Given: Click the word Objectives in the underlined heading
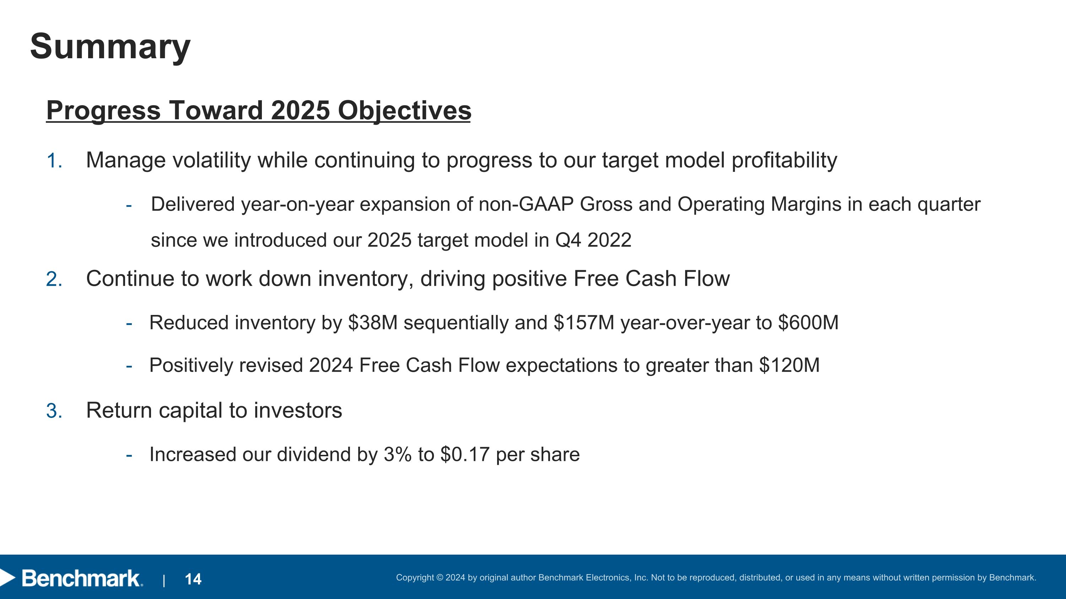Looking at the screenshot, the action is (x=404, y=111).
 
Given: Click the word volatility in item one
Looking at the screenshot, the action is (x=211, y=160).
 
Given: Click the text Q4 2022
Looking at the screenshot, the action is (x=593, y=240).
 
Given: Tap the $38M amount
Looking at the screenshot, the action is (x=373, y=323).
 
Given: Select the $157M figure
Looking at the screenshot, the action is (x=584, y=323).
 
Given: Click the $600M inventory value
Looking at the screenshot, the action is (x=808, y=323).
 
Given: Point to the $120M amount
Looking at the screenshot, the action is (x=790, y=365).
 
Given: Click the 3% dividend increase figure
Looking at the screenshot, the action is (x=398, y=454).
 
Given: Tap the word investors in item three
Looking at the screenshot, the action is (x=298, y=410).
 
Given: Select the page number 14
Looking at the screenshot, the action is (x=193, y=579).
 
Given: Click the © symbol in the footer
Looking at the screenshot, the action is (x=440, y=577).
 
